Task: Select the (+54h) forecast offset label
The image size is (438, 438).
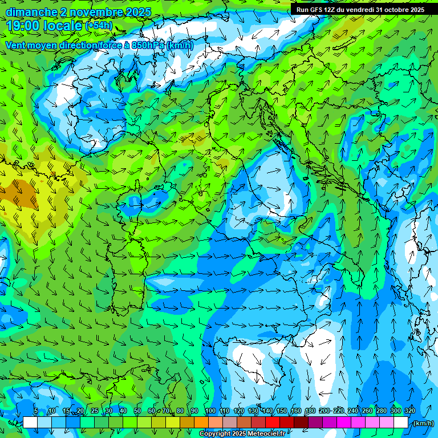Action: click(99, 26)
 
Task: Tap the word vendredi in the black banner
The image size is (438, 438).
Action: click(357, 10)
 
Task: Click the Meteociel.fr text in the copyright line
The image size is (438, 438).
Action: click(264, 434)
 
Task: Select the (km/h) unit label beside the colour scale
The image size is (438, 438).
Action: click(423, 423)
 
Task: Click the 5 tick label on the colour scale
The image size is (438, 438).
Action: click(36, 411)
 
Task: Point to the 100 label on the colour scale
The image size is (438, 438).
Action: click(210, 411)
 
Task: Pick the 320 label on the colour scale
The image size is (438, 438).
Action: click(410, 411)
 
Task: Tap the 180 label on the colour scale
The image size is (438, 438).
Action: click(310, 411)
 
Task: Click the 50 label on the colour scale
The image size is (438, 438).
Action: click(137, 411)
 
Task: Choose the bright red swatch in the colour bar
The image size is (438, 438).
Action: click(272, 423)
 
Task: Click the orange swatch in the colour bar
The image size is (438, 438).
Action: click(201, 423)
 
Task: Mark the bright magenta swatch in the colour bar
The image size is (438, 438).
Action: click(343, 423)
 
